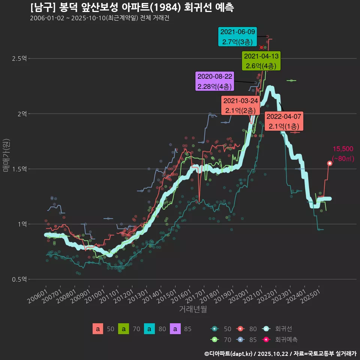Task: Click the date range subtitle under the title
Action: tap(99, 18)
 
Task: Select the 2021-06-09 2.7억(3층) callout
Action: tap(238, 37)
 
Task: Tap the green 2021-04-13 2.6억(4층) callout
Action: tap(261, 61)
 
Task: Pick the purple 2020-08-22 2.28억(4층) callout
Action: tap(215, 81)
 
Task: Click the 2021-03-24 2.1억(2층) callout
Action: tap(240, 105)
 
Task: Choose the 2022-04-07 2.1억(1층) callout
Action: tap(284, 121)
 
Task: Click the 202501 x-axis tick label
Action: tap(312, 296)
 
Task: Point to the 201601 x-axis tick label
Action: tap(182, 296)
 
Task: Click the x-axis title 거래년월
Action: tap(193, 309)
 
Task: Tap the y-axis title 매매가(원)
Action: tap(6, 155)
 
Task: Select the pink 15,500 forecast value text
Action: tap(343, 149)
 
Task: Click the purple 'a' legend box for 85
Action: tap(175, 329)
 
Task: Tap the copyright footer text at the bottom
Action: tap(280, 353)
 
